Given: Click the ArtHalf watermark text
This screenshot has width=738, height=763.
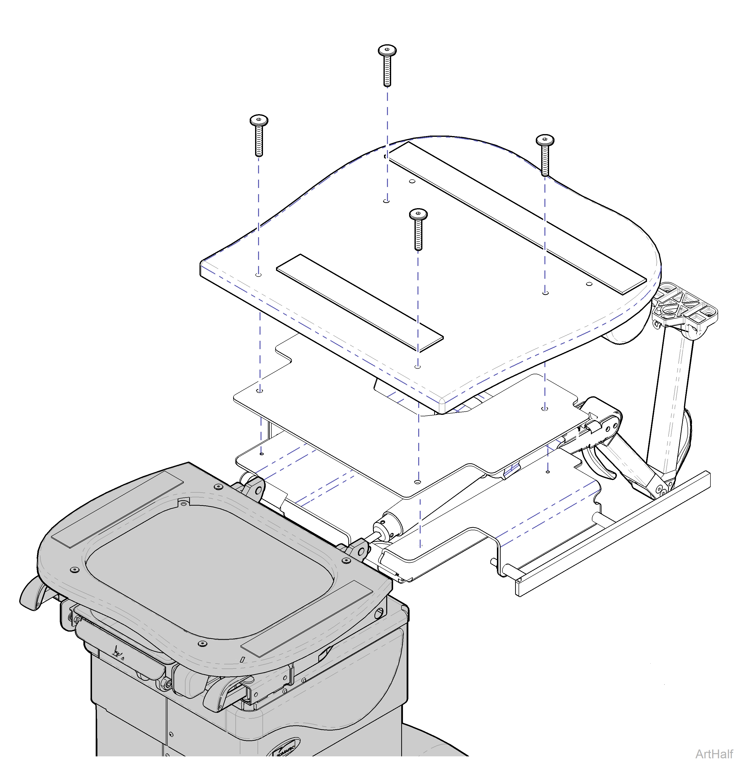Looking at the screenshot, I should (714, 753).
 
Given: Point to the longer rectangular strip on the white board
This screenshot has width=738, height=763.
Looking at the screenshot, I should (518, 218).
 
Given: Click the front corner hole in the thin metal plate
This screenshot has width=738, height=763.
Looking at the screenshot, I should (418, 482).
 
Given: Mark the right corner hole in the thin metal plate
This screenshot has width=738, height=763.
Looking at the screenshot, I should (545, 408).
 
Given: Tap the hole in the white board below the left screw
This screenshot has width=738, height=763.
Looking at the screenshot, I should (259, 274).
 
